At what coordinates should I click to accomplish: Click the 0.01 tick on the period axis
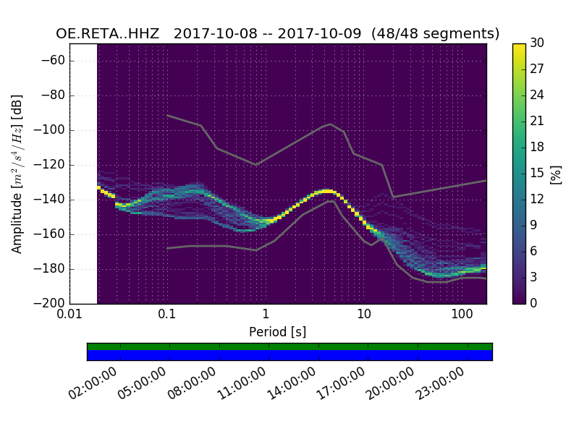click(69, 315)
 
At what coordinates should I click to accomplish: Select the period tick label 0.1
click(167, 315)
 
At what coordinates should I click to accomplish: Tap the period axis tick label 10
click(364, 315)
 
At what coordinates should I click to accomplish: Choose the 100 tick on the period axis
click(462, 315)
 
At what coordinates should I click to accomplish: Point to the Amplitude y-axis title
click(17, 174)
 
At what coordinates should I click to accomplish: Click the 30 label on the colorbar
click(538, 43)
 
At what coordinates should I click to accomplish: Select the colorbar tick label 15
click(538, 173)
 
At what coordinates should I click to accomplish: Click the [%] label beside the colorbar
click(556, 174)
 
